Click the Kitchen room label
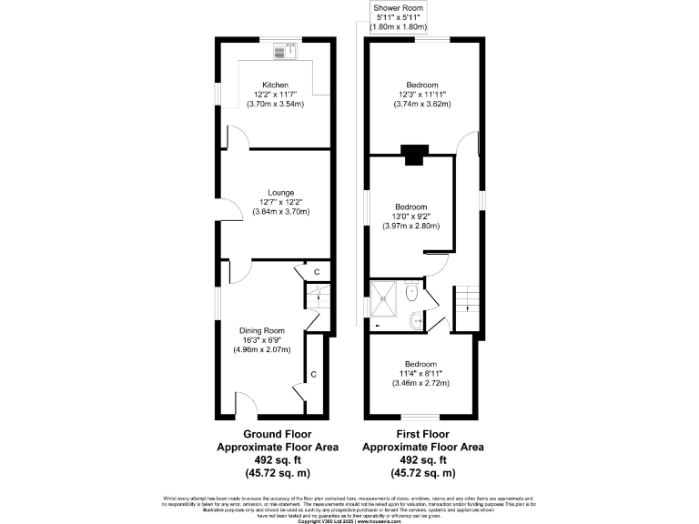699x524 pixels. [274, 85]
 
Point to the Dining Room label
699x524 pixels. [262, 330]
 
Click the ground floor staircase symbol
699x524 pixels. [318, 298]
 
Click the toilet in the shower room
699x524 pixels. [411, 294]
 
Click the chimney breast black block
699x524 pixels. [414, 156]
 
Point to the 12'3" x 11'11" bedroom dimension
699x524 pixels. [422, 95]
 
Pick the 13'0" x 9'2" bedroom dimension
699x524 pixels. [410, 217]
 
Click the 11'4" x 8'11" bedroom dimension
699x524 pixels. [421, 373]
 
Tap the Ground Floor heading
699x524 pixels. [277, 435]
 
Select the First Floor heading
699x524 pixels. [423, 435]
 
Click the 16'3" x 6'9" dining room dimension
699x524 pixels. [262, 339]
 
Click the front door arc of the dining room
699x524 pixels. [248, 403]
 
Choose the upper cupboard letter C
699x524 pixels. [317, 271]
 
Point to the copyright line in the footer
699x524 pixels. [349, 520]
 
